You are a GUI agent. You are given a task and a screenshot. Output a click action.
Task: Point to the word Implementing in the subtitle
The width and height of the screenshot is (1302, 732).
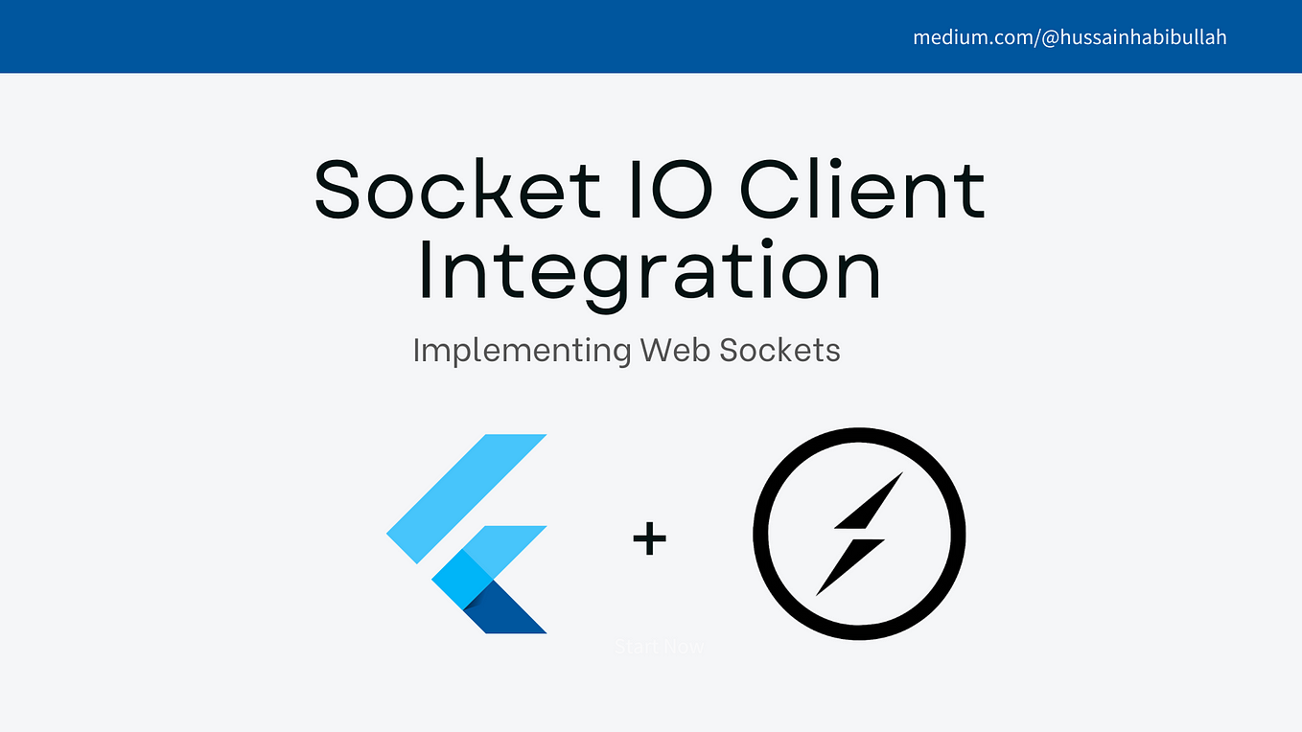(522, 351)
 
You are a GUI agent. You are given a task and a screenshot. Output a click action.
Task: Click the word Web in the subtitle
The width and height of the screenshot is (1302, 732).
(675, 351)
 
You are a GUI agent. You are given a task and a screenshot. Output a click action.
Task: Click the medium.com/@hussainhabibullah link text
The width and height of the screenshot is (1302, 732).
(1069, 38)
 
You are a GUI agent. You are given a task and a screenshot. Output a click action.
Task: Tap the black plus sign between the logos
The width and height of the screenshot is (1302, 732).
(649, 538)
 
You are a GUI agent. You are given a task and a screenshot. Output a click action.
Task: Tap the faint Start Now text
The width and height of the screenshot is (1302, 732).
(659, 648)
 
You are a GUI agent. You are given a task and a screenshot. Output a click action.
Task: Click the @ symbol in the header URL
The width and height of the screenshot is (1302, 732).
(1051, 38)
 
